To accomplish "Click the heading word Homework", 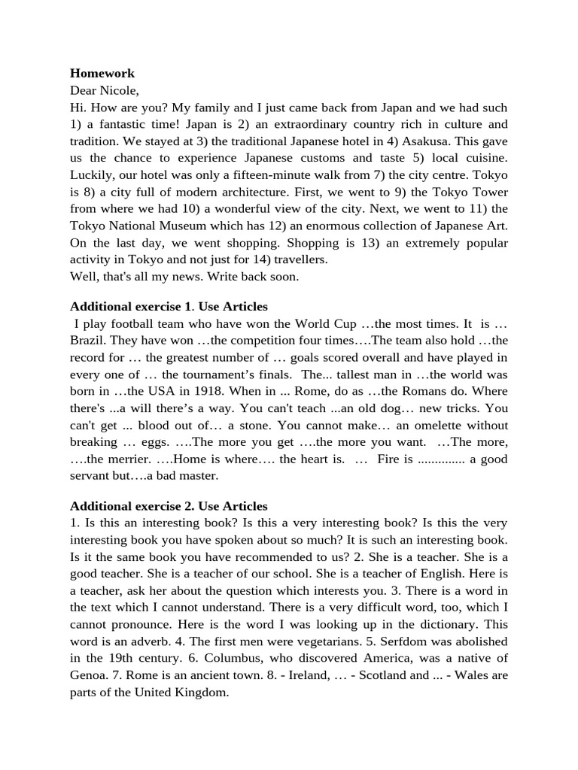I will pos(102,74).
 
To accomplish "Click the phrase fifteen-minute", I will pos(272,175).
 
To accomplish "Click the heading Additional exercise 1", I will pos(130,307).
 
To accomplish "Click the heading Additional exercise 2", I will pos(131,506).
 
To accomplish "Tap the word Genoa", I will pos(90,675).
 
